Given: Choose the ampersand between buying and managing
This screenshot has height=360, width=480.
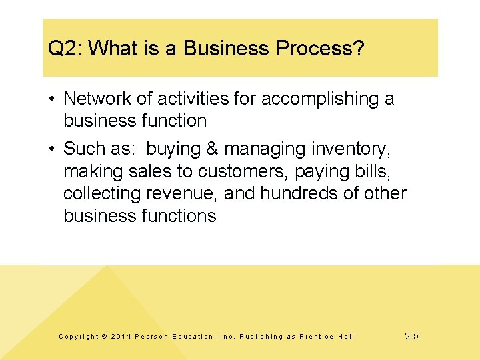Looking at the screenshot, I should point(213,148).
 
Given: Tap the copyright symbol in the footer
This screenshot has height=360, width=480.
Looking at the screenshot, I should point(104,337).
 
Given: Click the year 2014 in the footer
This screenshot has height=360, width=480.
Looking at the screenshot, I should point(121,337).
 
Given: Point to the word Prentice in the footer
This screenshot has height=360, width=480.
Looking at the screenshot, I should point(317,337).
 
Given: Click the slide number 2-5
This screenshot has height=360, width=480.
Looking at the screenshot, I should point(411,336).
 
